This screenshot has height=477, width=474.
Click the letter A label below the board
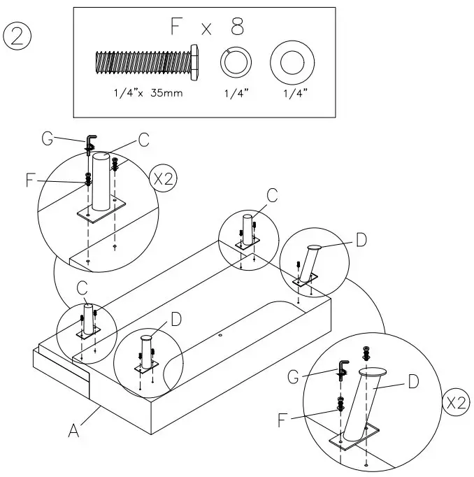pos(72,432)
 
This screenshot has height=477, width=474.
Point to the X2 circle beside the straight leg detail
pos(163,177)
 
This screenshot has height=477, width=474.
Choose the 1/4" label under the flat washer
pos(289,93)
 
